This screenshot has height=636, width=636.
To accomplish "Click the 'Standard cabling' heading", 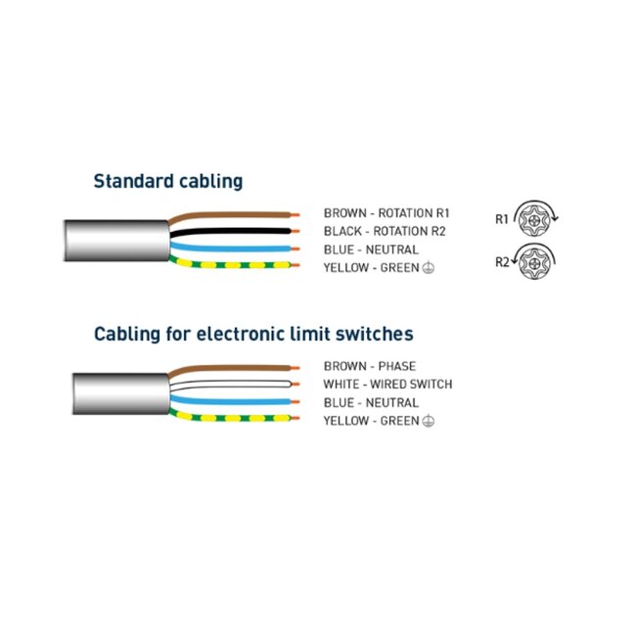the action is (x=168, y=181).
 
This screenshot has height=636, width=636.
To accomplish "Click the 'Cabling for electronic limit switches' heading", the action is (x=253, y=335).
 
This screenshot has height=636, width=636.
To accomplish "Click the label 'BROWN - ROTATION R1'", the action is (x=386, y=213).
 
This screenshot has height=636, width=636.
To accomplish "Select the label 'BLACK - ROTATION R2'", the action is (x=385, y=231).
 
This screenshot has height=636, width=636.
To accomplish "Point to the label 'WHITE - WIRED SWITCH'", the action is (x=387, y=385).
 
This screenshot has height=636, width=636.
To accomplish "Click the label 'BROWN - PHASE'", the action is (x=370, y=366).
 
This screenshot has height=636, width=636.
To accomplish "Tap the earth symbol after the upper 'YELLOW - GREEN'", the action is (x=429, y=268).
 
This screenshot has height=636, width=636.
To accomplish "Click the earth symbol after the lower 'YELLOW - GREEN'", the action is (x=429, y=421).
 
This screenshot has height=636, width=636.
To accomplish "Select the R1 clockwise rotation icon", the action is (x=535, y=219).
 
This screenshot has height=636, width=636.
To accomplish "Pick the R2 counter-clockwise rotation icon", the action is (x=533, y=262).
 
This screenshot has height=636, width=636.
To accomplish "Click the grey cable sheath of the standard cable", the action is (x=116, y=241).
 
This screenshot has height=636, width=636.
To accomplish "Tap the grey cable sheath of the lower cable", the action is (x=121, y=393).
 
